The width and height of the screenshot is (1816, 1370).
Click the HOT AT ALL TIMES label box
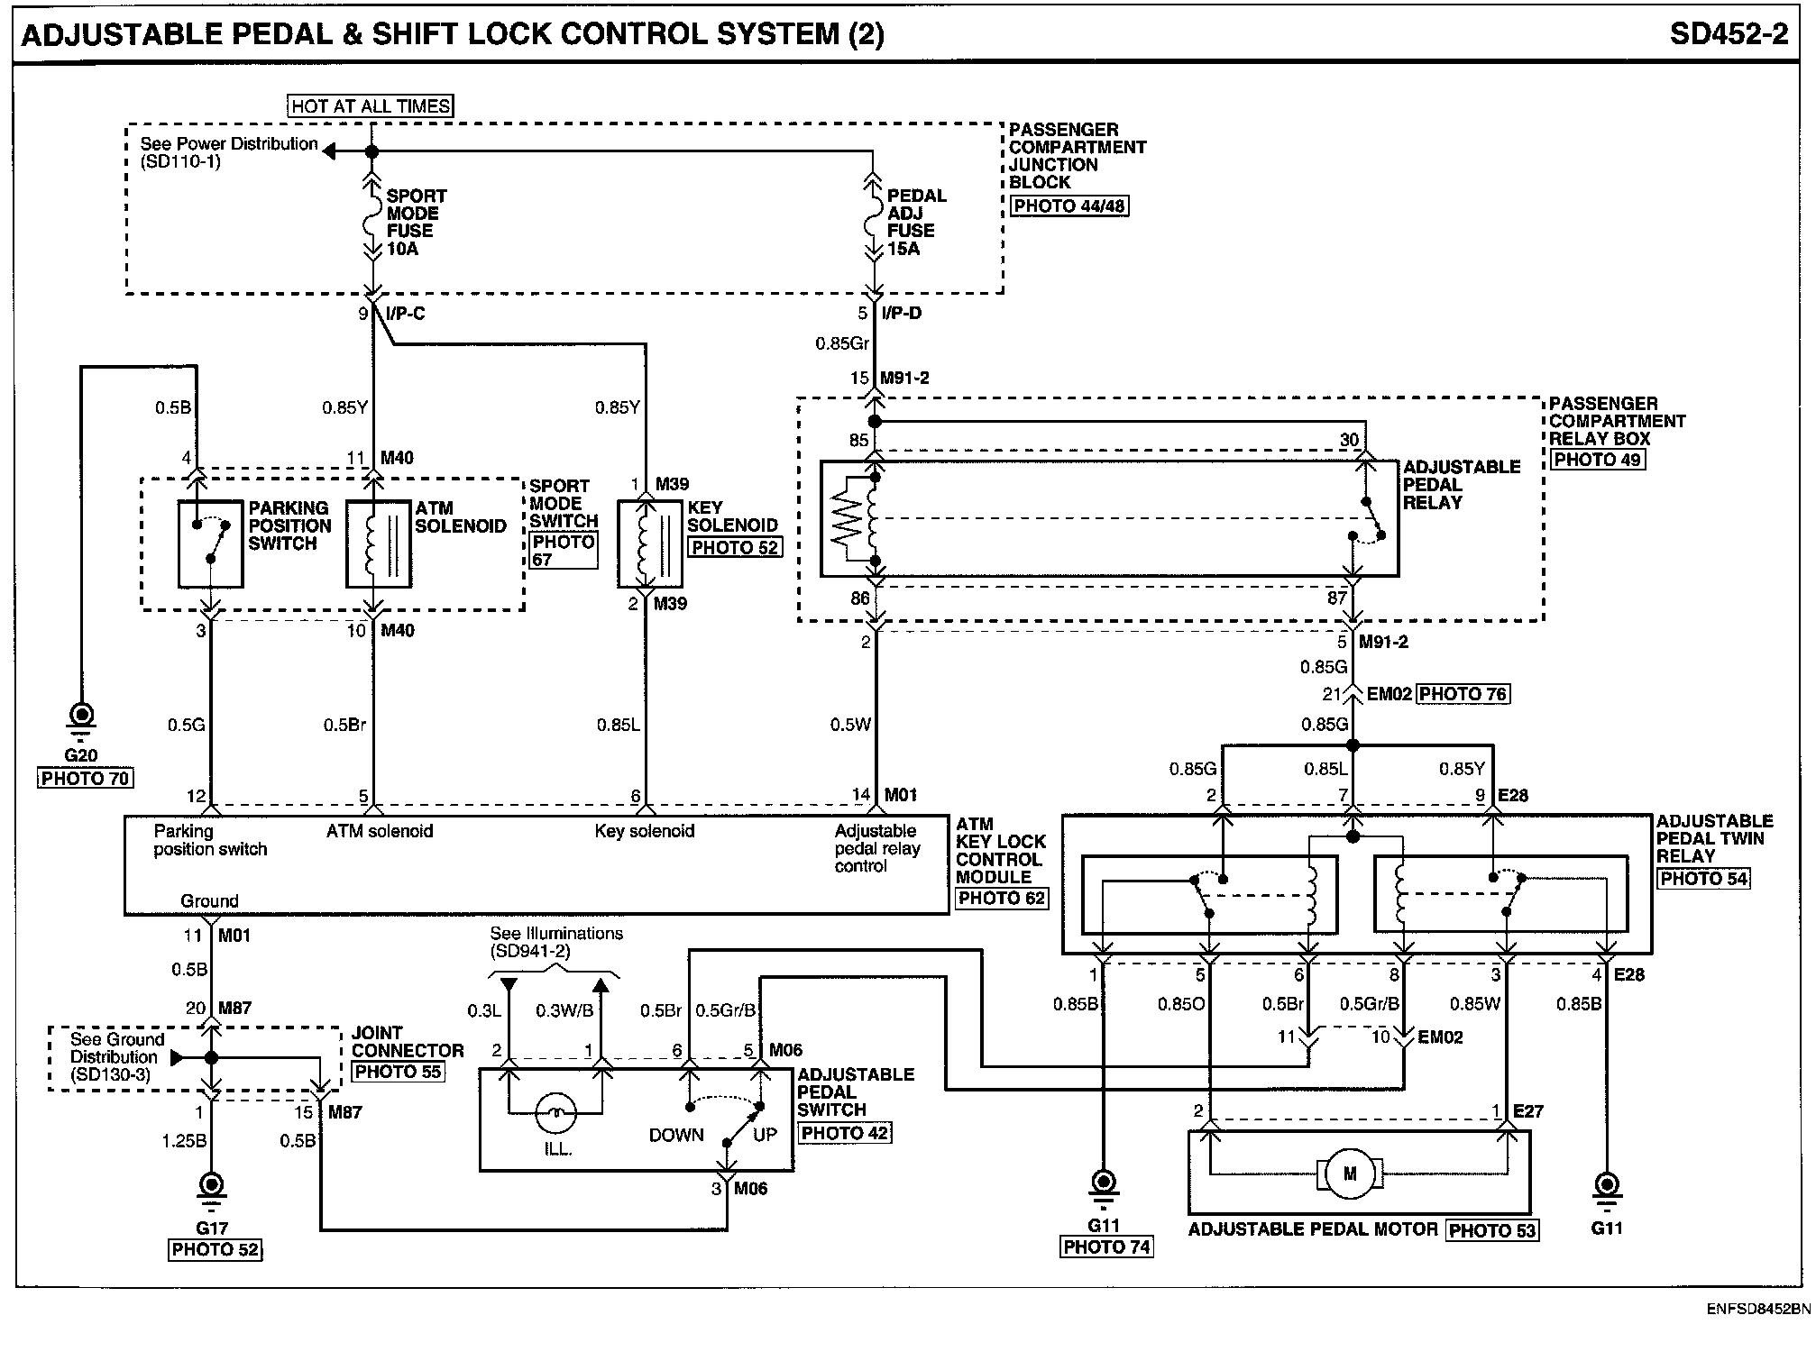371,106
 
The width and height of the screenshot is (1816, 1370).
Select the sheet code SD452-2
1729,34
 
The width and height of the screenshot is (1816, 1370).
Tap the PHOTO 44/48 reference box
1069,205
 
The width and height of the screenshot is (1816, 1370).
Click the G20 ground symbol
82,720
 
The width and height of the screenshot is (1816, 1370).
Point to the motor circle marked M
1350,1174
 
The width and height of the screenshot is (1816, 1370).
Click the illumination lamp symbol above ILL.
556,1115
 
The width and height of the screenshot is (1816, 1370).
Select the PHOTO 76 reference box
1463,694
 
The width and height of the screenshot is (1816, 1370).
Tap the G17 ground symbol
211,1189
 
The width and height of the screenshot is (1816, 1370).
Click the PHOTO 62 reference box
1001,898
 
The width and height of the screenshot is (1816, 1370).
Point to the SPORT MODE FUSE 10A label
417,222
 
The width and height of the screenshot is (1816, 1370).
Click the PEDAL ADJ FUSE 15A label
917,222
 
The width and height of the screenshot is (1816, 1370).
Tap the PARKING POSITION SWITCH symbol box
211,544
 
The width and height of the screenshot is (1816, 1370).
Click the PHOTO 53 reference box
1491,1230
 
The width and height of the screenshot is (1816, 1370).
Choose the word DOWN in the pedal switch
676,1136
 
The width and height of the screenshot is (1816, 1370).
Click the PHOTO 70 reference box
86,778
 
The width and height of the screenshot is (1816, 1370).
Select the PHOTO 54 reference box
1703,878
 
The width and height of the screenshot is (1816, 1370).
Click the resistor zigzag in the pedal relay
846,518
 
